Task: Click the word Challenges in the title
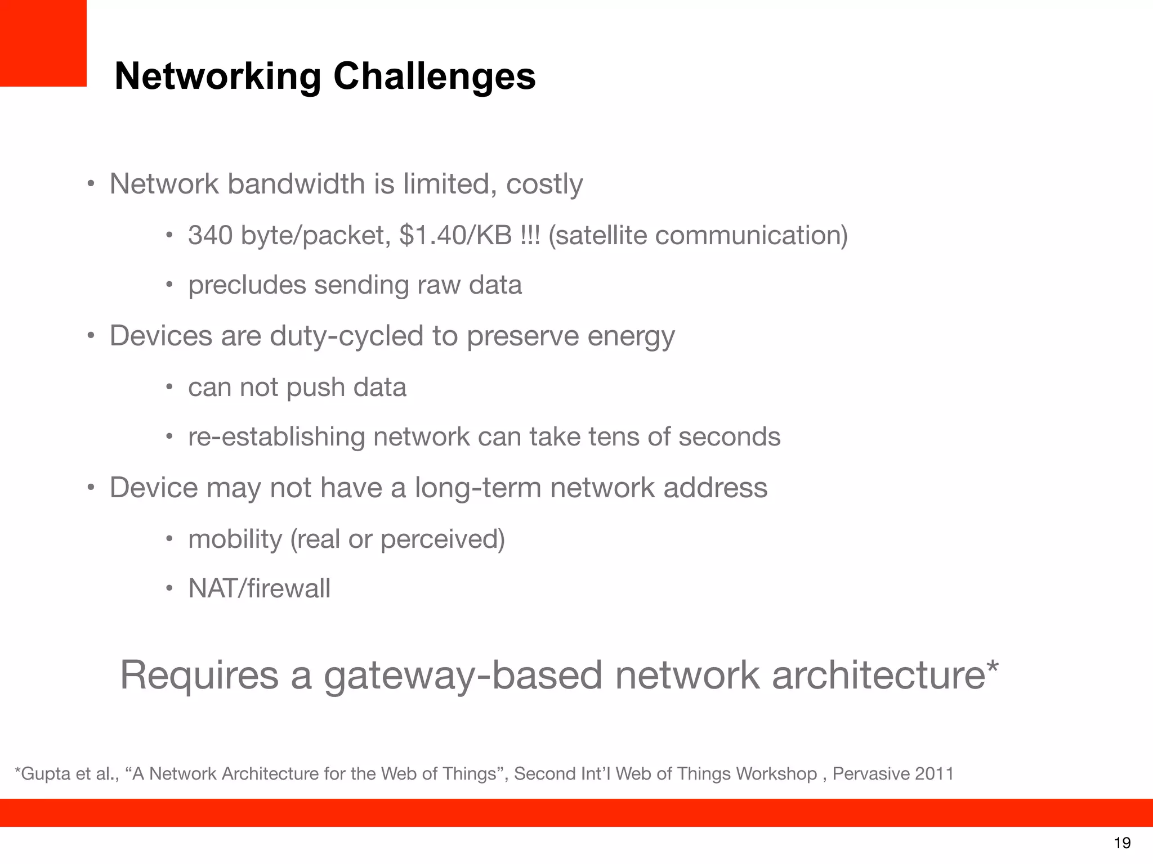(434, 76)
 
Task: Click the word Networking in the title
(218, 76)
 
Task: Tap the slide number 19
(1122, 843)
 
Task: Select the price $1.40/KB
(455, 235)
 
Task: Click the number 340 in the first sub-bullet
(210, 235)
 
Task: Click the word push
(315, 388)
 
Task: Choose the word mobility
(235, 539)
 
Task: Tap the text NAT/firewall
(260, 589)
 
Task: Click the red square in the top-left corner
(43, 43)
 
